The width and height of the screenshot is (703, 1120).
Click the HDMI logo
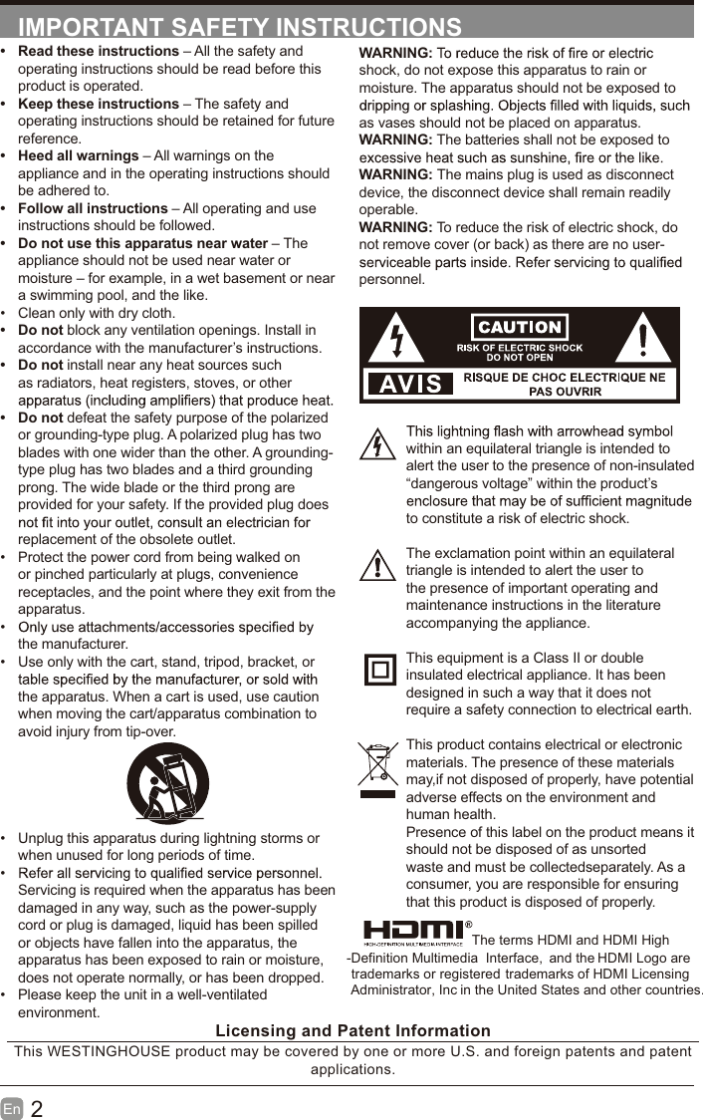[x=412, y=932]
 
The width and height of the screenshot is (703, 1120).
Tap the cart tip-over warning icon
[x=167, y=783]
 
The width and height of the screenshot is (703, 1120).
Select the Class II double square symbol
[x=379, y=670]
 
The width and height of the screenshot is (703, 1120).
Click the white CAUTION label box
[x=520, y=327]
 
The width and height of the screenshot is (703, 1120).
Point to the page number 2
[x=37, y=1109]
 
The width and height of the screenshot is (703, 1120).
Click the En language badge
[x=12, y=1109]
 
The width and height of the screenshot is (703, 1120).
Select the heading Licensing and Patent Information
[x=352, y=1031]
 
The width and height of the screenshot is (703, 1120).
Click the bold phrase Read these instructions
[x=99, y=51]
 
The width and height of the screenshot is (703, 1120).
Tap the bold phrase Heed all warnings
[x=79, y=155]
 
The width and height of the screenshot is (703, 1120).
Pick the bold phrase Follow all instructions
[x=93, y=208]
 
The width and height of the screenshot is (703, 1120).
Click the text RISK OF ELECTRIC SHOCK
[x=520, y=348]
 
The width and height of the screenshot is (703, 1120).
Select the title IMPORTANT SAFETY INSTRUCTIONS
[x=240, y=27]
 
